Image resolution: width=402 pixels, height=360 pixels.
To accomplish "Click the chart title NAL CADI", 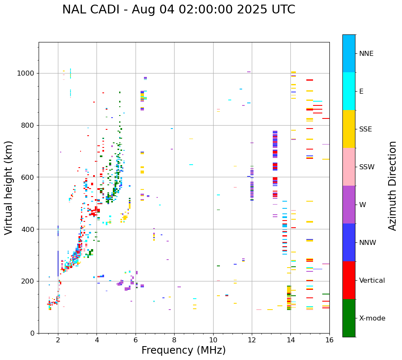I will pos(179,10).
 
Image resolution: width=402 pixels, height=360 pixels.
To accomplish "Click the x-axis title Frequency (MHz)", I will pos(183,350).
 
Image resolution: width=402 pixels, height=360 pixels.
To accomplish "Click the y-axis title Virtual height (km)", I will pos(9,187).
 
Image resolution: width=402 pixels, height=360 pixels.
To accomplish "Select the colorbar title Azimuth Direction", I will pos(392,186).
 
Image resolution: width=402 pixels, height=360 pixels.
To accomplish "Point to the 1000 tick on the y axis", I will pos(28,74).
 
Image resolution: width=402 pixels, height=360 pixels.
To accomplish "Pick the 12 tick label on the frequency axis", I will pos(252,340).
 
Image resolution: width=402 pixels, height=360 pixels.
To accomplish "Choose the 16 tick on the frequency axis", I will pos(329,340).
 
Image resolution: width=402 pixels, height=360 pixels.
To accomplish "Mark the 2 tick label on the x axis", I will pos(58,340).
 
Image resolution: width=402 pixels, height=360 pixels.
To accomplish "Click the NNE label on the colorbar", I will pos(366,54).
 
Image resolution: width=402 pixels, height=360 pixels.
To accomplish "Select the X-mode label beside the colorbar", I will pos(372,318).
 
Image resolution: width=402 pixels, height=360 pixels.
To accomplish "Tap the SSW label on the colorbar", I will pos(367,167).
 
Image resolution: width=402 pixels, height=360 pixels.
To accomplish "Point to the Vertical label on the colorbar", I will pos(372,281).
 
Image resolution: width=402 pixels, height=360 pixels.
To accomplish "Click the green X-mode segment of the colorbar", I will pos(349,318).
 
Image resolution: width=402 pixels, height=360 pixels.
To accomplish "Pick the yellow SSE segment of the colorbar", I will pos(349,129).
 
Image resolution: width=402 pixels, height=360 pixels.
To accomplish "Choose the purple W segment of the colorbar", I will pos(349,205).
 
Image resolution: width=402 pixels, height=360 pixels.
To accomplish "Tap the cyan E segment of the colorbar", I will pos(349,91).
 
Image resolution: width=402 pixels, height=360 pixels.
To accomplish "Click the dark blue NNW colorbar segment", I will pos(349,242).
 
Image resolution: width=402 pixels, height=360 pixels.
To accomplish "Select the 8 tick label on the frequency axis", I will pos(174,340).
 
